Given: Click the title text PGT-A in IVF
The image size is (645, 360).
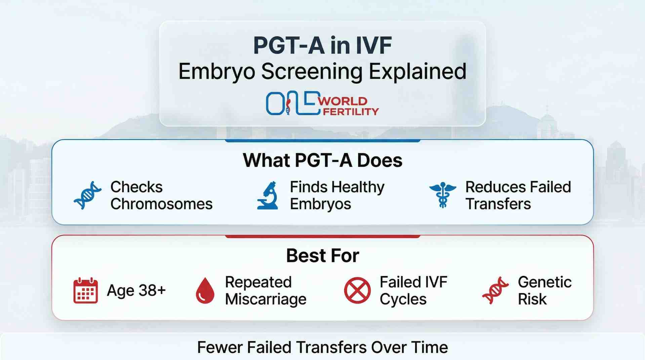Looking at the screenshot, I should (322, 45).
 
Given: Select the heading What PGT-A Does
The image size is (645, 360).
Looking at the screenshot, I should (322, 160).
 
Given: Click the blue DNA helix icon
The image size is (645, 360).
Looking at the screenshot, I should (87, 195).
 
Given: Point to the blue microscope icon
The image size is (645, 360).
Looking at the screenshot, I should (268, 196).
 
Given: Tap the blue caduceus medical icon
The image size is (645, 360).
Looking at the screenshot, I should (443, 195).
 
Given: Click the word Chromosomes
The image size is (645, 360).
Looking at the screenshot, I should (161, 204).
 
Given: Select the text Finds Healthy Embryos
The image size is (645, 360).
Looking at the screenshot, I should (337, 195).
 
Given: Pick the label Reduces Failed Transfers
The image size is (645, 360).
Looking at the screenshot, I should (518, 195).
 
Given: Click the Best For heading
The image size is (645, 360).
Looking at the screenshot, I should (322, 255).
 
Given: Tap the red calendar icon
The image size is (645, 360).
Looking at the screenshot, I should (85, 290).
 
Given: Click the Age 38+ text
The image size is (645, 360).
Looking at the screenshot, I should (136, 290).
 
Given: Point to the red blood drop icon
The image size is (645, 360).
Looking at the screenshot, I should (205, 290).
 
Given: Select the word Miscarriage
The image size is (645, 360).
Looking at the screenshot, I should (266, 299).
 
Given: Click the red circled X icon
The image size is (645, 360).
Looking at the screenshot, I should (357, 290).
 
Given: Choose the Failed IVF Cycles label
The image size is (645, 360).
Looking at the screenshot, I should (413, 290).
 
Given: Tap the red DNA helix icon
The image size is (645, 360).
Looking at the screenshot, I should (495, 290).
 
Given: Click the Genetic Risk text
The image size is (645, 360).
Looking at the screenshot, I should (545, 290).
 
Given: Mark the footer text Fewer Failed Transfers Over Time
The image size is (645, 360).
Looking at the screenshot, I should (322, 347).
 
